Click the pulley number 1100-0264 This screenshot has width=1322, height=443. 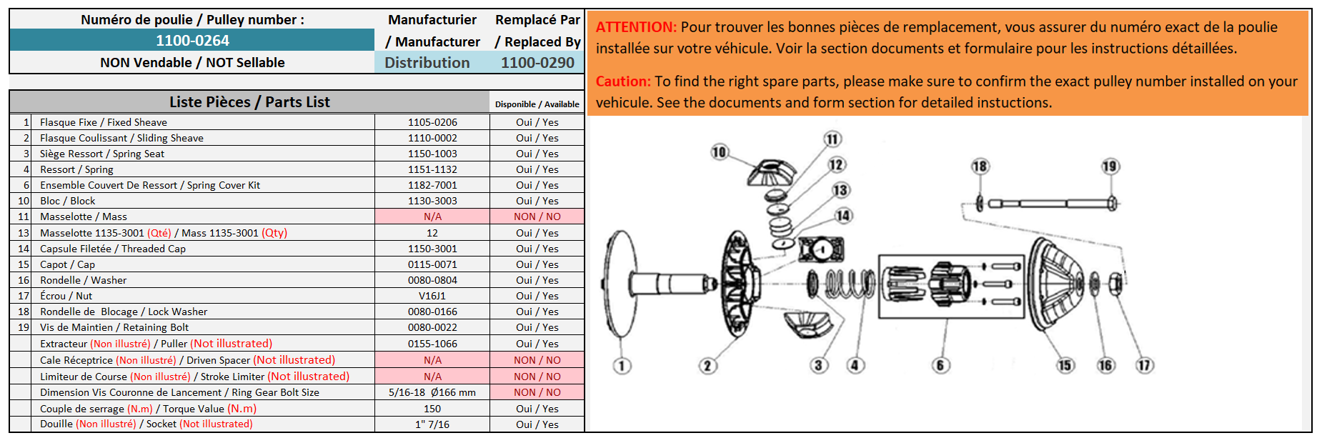coord(192,41)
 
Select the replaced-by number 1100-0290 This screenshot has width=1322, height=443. coord(537,63)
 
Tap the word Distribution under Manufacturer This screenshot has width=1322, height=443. coord(427,63)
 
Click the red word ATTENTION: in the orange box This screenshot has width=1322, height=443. coord(636,27)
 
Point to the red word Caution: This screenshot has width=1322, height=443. coord(623,81)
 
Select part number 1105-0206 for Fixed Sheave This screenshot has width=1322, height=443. coord(432,122)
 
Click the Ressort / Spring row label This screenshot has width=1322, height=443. coord(76,169)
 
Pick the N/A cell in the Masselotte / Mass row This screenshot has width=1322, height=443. coord(432,216)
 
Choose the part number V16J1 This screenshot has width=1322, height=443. coord(432,296)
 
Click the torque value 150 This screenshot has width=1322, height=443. coord(432,409)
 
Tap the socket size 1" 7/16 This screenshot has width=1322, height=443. coord(432,424)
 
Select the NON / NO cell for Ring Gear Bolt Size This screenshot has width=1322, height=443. coord(537,392)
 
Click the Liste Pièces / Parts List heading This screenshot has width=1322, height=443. coord(249,102)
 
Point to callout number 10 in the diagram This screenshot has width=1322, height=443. coord(720,151)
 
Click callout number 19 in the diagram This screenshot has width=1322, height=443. coord(1110,166)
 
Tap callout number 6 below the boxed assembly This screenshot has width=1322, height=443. coord(940,365)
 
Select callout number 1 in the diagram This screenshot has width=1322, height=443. coord(622,366)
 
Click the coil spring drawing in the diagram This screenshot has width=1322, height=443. coord(850,283)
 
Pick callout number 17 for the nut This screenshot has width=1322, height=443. coord(1145,365)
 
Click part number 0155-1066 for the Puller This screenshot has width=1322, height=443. coord(432,344)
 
